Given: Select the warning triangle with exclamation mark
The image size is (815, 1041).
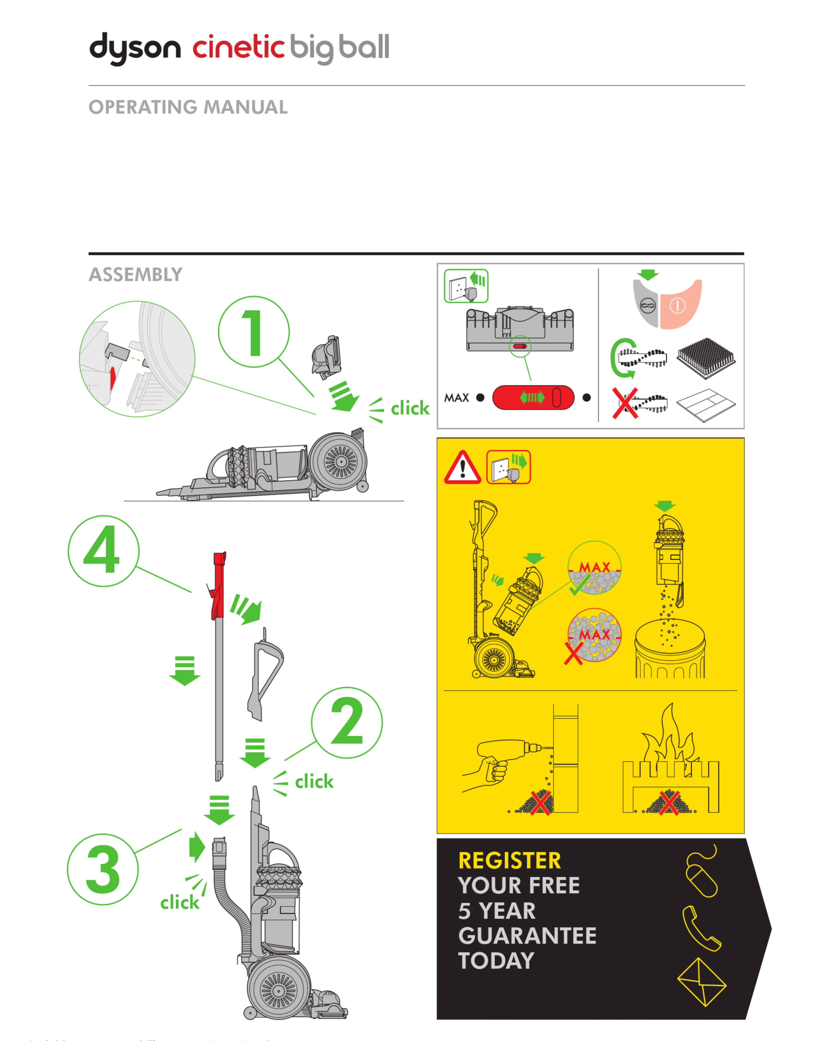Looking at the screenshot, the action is [x=462, y=468].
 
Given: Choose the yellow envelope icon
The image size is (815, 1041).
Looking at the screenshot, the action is [x=701, y=983].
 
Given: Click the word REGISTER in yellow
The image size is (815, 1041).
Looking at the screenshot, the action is [x=510, y=861].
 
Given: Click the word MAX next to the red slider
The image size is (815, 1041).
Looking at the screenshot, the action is [x=457, y=398].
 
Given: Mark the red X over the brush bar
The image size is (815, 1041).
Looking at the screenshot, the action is [x=625, y=403].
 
